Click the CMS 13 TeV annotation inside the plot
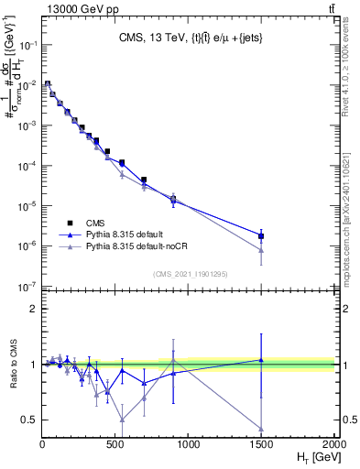188,38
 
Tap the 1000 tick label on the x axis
188,444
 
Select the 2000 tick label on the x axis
333,444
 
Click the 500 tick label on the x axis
115,444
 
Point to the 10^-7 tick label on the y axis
27,287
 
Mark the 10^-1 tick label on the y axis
27,43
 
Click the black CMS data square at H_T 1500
261,236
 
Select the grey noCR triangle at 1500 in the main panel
261,250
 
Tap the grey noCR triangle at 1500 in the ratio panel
261,429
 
